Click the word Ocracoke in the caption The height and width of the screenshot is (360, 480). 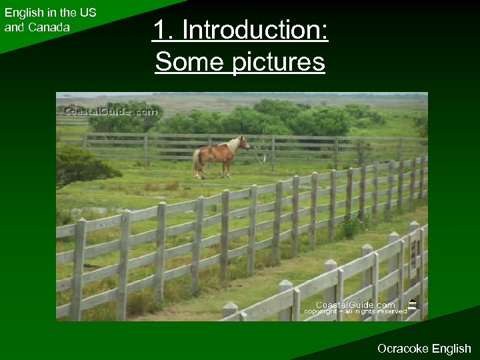pyautogui.click(x=402, y=348)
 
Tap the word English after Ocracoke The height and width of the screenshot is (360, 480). pyautogui.click(x=450, y=348)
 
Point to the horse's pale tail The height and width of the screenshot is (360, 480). pyautogui.click(x=197, y=160)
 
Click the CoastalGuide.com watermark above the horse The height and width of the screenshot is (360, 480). pyautogui.click(x=111, y=113)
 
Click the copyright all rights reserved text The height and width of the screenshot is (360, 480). pyautogui.click(x=355, y=311)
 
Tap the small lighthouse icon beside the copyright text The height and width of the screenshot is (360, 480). pyautogui.click(x=413, y=305)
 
